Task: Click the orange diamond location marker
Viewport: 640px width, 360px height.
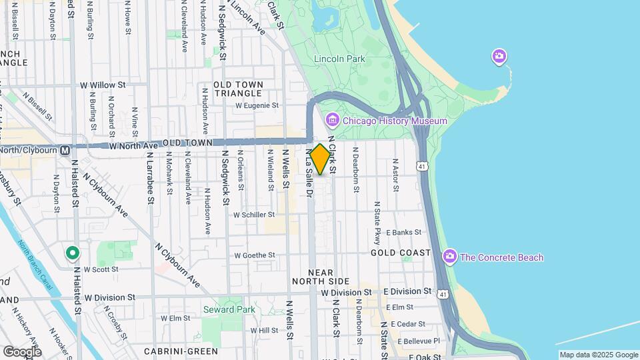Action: click(x=320, y=159)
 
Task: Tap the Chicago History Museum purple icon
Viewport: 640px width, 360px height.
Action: click(x=332, y=121)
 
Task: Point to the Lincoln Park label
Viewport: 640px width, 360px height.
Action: click(x=340, y=59)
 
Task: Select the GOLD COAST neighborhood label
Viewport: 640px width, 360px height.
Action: click(x=397, y=253)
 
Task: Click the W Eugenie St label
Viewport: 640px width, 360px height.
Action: click(x=257, y=105)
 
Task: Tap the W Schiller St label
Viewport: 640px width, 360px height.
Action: click(x=254, y=215)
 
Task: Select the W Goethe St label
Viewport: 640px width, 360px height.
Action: click(x=255, y=255)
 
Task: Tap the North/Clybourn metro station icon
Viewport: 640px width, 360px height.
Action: click(x=65, y=151)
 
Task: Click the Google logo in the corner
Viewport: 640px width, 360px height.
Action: click(x=22, y=351)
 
